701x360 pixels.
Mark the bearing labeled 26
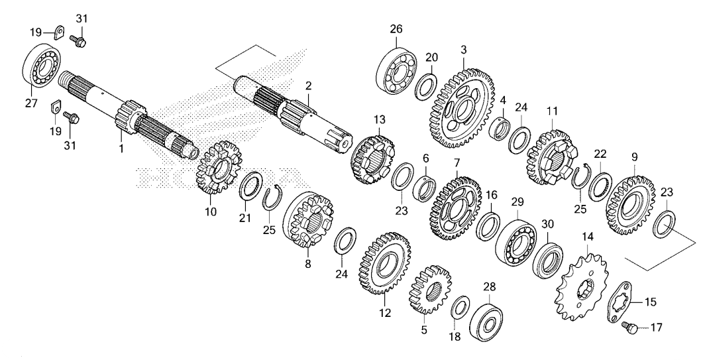pos(396,70)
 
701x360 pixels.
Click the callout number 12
pos(385,312)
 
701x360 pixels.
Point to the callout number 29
pos(517,202)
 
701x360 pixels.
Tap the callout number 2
pos(309,85)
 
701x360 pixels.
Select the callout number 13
pos(380,119)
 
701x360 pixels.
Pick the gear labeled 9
pos(630,206)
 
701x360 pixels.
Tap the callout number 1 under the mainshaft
pos(121,148)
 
